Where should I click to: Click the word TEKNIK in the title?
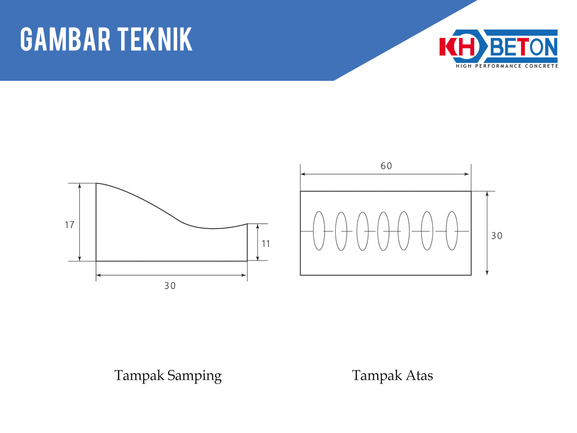click(155, 39)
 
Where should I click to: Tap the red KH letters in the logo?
click(457, 47)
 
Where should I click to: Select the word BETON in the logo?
click(524, 47)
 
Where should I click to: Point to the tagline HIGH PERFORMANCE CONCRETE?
click(507, 66)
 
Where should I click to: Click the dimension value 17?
click(69, 225)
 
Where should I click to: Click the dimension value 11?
click(266, 244)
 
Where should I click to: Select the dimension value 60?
click(386, 166)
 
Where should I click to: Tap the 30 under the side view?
click(170, 286)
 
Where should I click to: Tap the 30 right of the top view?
click(497, 236)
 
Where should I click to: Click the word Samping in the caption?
click(195, 376)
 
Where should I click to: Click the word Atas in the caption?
click(420, 375)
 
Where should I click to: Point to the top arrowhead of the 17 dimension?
click(80, 186)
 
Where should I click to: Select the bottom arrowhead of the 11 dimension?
click(258, 258)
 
